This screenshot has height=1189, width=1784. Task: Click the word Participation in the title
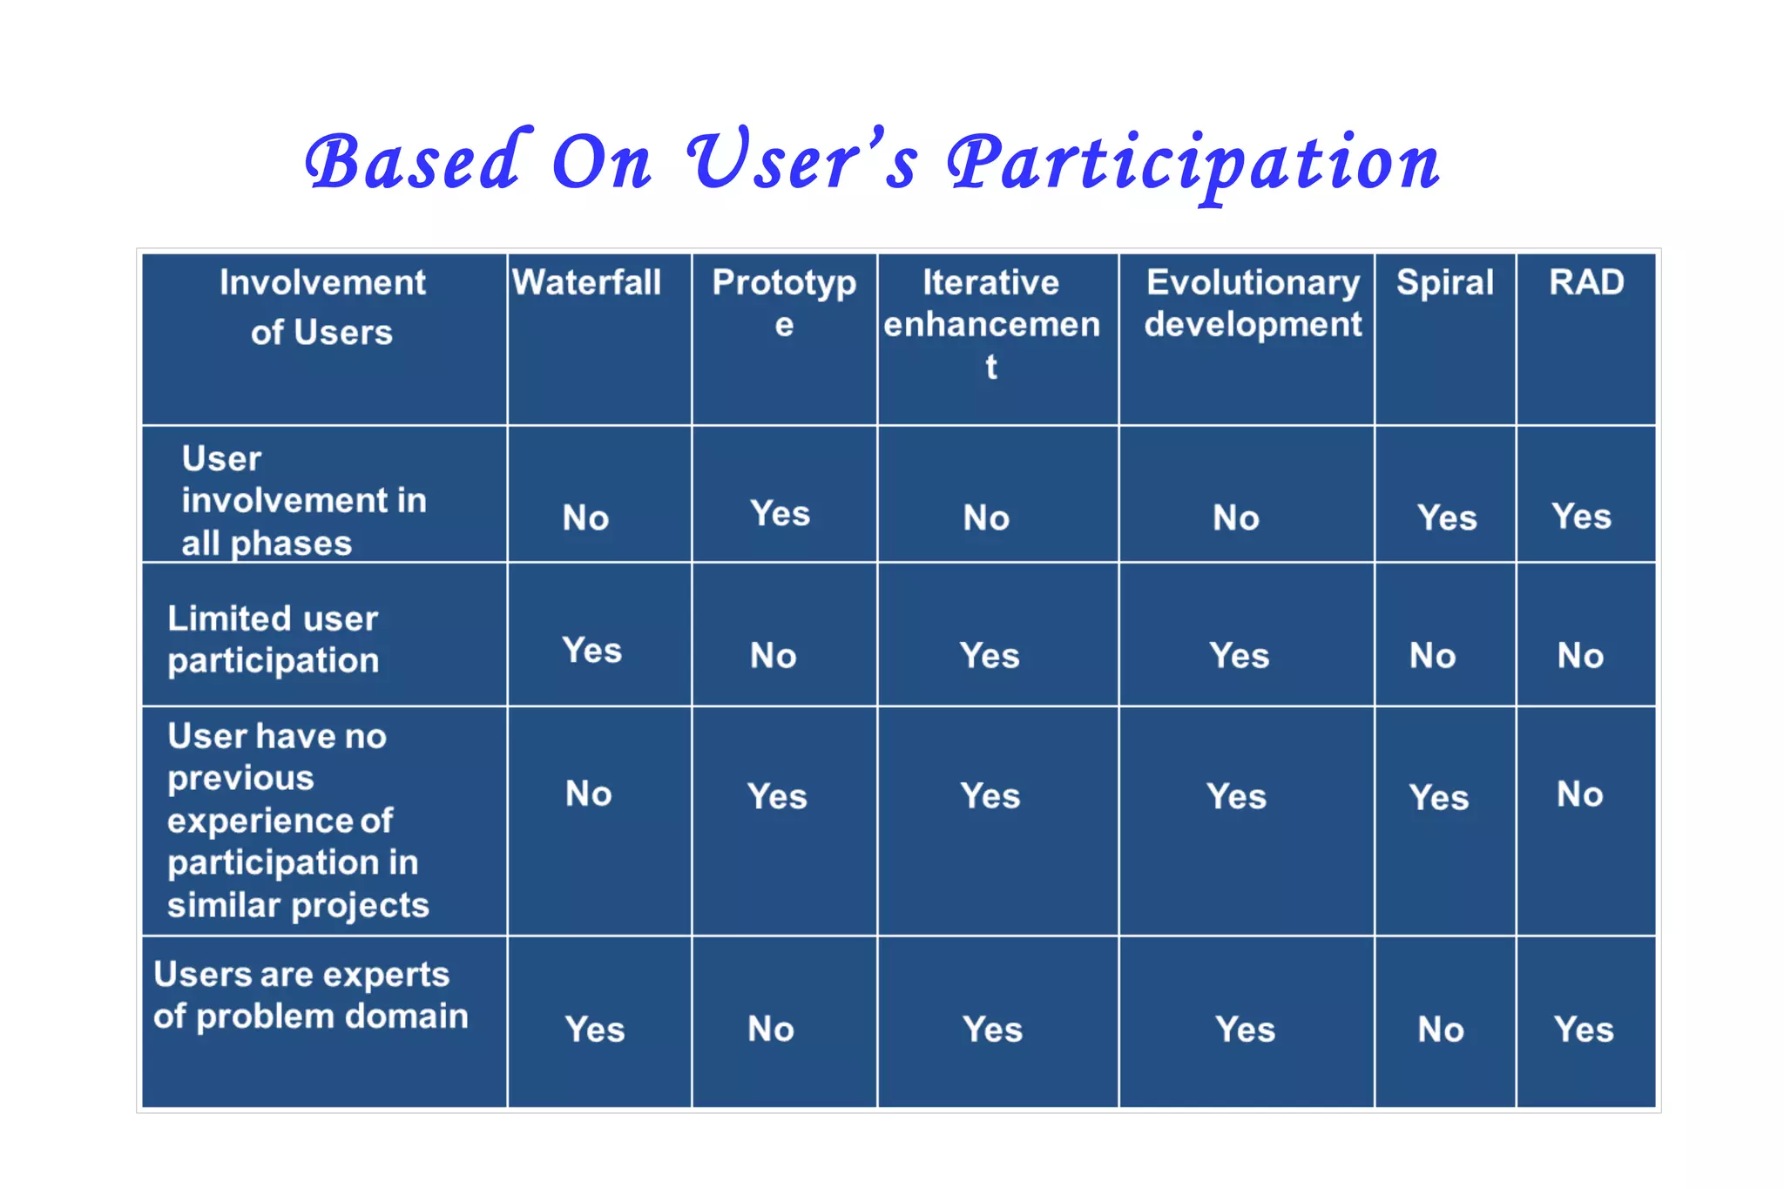click(x=1193, y=164)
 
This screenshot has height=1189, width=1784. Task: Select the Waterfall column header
click(x=586, y=283)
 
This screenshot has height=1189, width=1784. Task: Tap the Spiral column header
click(x=1444, y=283)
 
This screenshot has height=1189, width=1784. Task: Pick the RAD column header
click(x=1585, y=283)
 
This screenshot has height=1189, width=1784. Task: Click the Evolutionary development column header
click(x=1252, y=303)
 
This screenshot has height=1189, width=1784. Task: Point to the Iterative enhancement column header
click(x=991, y=323)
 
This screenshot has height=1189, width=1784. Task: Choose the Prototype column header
click(x=784, y=302)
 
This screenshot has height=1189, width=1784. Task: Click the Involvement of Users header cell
click(x=322, y=307)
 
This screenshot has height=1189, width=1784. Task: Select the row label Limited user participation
click(x=273, y=639)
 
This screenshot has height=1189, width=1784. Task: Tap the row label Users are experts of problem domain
click(x=310, y=995)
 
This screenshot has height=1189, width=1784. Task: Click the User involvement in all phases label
click(x=303, y=501)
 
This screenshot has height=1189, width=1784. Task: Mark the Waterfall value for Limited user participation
click(x=591, y=651)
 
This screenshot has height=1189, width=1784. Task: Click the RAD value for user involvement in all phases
click(x=1580, y=517)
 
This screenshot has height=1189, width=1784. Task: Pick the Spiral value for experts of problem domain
click(x=1440, y=1030)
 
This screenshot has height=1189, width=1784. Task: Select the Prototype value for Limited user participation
click(x=773, y=656)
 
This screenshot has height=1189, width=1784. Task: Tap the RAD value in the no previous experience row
click(x=1579, y=794)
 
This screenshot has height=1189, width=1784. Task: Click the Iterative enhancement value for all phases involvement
click(x=986, y=518)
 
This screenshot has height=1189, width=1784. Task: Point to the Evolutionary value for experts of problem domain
click(x=1245, y=1030)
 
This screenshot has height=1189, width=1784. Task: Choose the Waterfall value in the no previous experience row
click(x=588, y=794)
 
